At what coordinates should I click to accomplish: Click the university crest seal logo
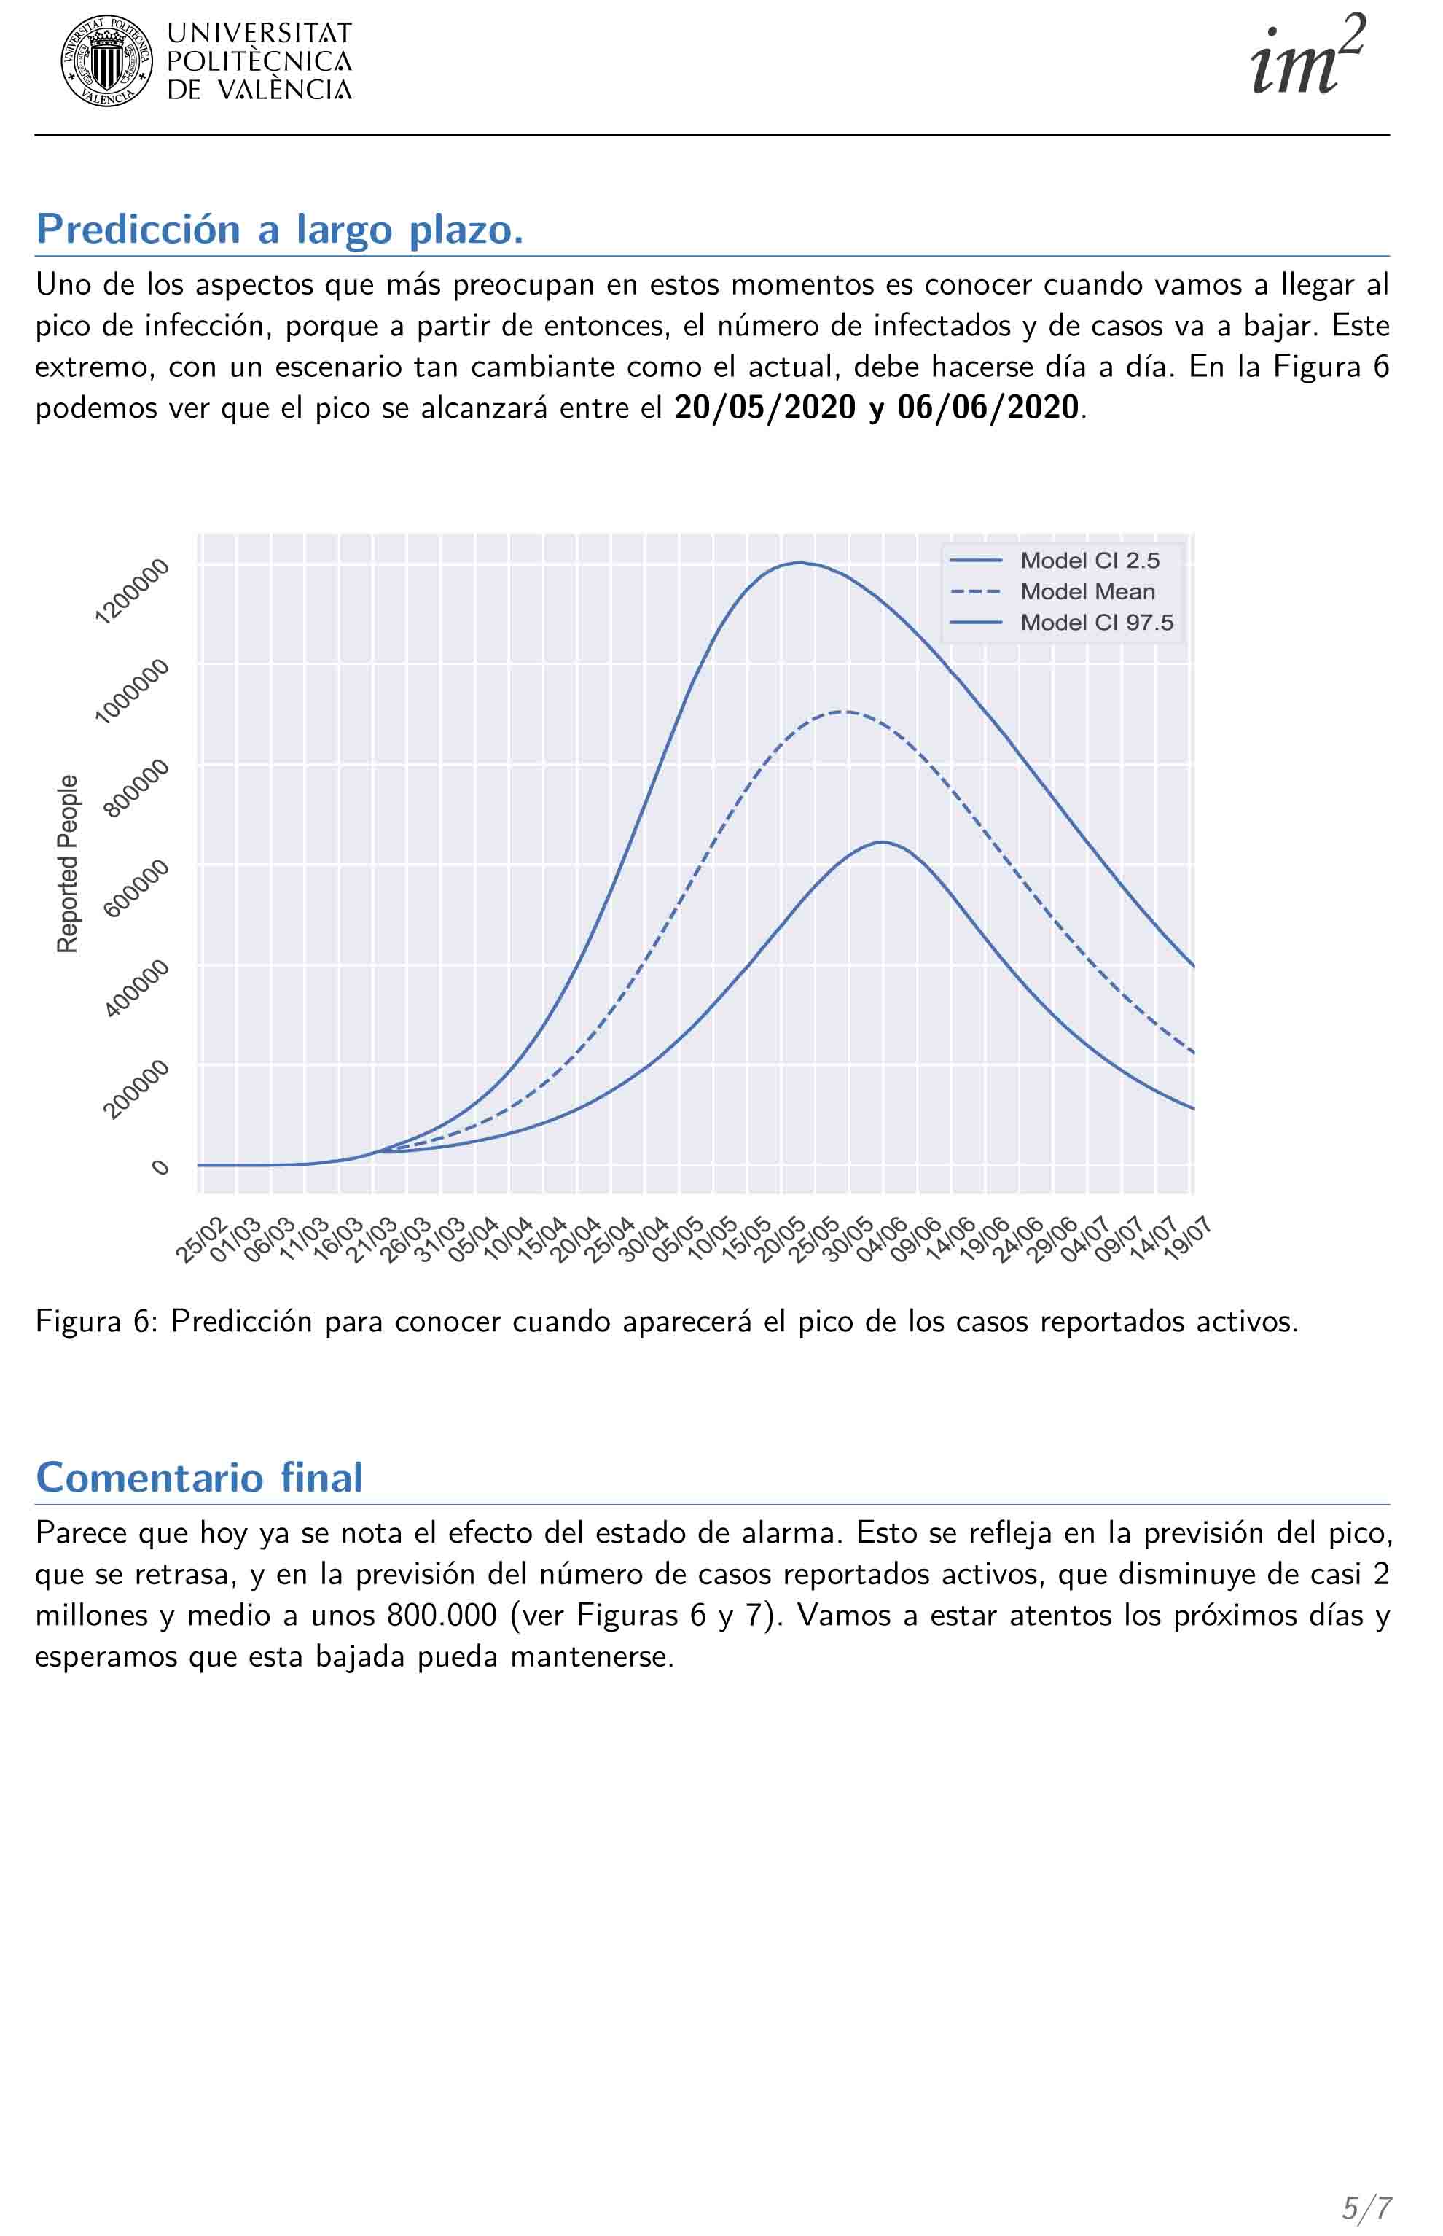107,61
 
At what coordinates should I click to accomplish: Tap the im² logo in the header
1307,59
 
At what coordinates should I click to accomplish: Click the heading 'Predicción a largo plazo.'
279,230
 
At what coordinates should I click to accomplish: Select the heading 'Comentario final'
199,1478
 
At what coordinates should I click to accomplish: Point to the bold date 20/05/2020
764,408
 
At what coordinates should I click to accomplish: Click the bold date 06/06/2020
988,408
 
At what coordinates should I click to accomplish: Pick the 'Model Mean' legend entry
1087,591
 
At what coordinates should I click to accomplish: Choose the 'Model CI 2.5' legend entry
1090,561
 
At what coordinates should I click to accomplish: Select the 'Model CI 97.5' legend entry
1096,623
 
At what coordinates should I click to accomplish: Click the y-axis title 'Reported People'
68,864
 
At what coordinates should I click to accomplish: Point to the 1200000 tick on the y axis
133,591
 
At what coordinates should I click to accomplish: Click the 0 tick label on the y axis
161,1166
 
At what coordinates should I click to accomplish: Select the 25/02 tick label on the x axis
200,1241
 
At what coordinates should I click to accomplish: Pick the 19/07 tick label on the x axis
1187,1241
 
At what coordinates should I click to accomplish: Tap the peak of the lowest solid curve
882,841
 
